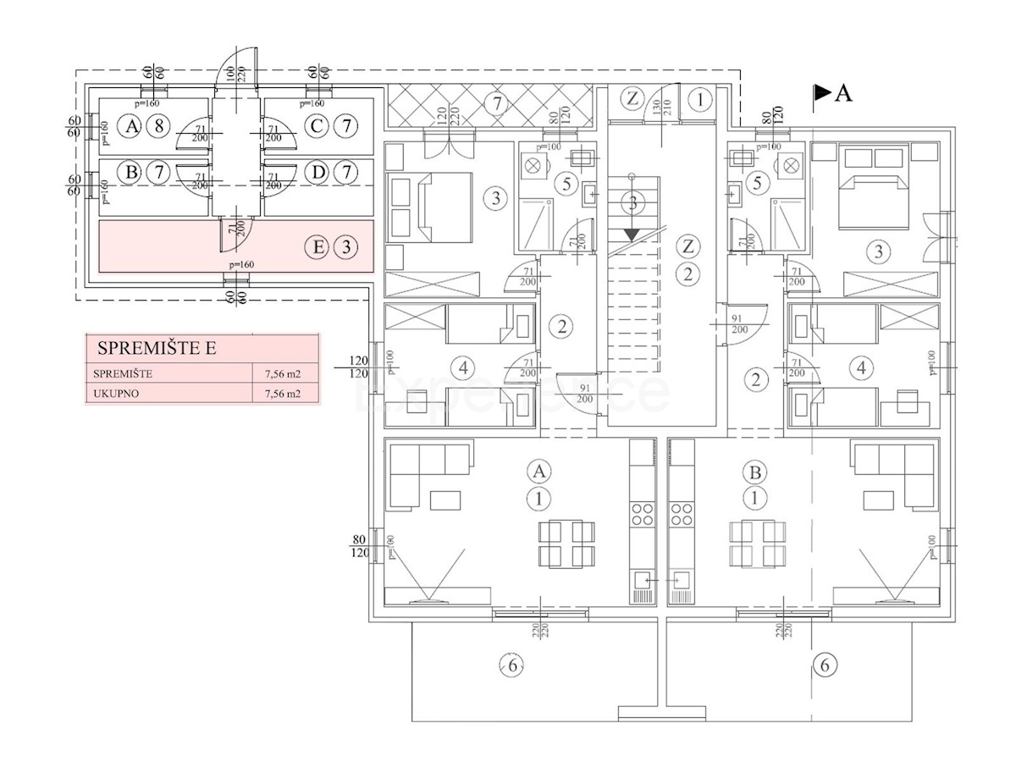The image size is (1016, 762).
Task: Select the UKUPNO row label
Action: (118, 393)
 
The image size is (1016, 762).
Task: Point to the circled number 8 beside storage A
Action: (157, 127)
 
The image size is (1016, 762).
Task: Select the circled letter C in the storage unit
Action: (317, 127)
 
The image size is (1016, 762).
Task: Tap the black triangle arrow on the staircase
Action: (631, 234)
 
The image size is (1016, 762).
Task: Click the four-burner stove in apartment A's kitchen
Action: (643, 514)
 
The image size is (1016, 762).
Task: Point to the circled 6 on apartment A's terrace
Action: (511, 666)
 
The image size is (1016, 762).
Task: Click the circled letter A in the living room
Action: (537, 471)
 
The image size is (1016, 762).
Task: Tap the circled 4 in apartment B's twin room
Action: (861, 368)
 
